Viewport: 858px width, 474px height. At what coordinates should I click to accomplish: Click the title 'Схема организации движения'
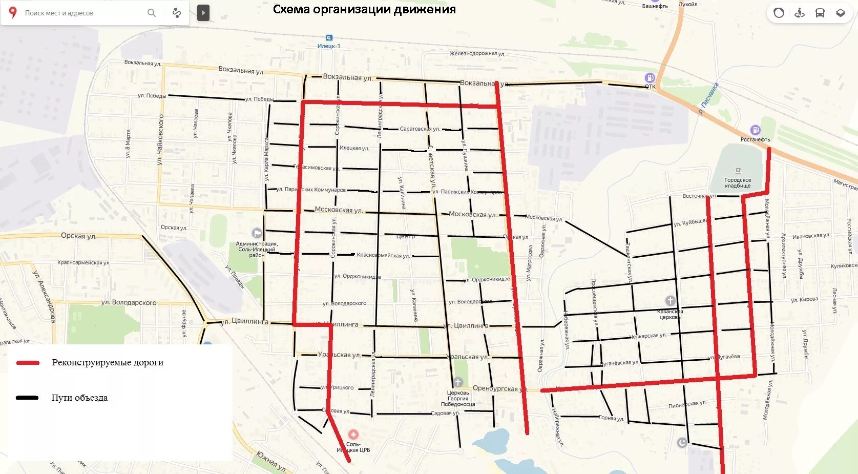point(364,9)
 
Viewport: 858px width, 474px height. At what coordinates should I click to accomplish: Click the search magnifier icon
point(152,13)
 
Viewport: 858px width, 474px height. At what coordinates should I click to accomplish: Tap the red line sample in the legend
point(28,363)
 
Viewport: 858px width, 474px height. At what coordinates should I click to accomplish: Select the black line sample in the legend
point(28,398)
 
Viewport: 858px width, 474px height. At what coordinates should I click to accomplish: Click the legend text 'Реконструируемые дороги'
point(108,362)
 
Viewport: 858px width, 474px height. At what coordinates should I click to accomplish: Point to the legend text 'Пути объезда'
point(79,398)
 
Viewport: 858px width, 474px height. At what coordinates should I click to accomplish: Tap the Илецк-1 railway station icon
point(329,38)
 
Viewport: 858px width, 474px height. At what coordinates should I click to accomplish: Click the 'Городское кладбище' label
point(738,183)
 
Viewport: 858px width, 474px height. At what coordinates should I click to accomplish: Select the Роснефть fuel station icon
point(755,130)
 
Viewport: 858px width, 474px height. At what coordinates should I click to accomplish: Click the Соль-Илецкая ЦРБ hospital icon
point(353,435)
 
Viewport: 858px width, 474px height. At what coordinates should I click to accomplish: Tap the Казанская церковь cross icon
point(670,301)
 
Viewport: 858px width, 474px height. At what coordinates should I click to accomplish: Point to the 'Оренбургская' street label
point(495,388)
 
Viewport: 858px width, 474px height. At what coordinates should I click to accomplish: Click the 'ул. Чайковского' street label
point(160,139)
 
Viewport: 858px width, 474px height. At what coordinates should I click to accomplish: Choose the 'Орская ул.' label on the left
point(78,236)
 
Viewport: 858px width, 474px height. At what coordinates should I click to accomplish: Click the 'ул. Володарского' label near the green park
point(129,302)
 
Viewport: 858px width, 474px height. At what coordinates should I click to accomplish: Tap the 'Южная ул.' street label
point(271,461)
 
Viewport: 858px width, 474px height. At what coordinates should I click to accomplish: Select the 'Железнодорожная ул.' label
point(477,53)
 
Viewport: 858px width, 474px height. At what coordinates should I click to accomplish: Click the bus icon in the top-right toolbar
point(820,13)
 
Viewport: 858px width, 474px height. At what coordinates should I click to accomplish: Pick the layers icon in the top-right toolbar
point(841,13)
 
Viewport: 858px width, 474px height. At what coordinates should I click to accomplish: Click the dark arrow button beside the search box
point(203,13)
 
